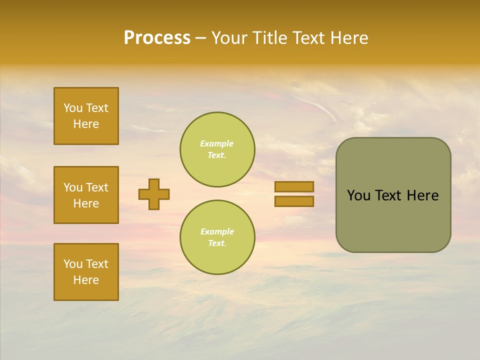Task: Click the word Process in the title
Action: [x=157, y=38]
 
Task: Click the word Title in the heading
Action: [x=267, y=38]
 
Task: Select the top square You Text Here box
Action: [x=86, y=116]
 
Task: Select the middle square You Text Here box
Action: [x=86, y=195]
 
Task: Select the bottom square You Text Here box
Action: [x=86, y=272]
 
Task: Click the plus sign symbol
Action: [x=154, y=194]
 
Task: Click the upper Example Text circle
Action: [x=217, y=149]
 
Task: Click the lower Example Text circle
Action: [x=217, y=237]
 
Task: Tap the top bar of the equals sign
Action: [x=294, y=186]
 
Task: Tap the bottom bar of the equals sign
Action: [x=294, y=201]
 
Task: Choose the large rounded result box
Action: [x=393, y=195]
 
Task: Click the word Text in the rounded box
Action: [x=389, y=195]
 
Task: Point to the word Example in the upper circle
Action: [x=216, y=143]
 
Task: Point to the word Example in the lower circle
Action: [x=217, y=231]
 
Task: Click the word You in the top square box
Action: [x=73, y=108]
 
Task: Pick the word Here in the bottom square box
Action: [x=86, y=280]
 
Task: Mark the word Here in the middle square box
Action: [x=86, y=203]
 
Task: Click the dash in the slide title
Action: [x=201, y=38]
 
